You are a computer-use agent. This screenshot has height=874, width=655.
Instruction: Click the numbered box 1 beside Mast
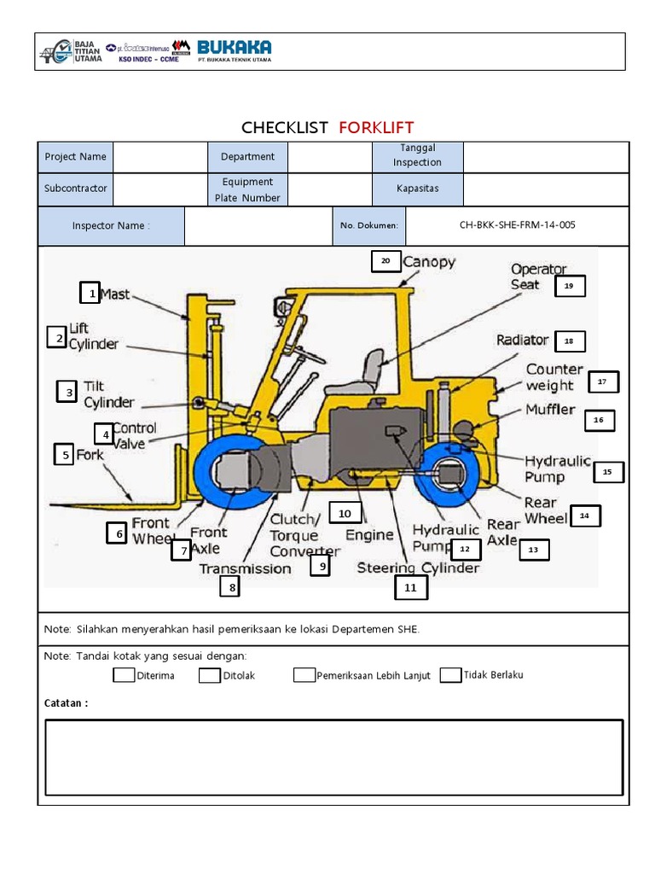point(90,294)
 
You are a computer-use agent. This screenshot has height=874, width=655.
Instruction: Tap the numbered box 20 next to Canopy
point(385,261)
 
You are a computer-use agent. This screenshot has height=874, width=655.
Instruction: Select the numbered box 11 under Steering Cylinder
point(410,587)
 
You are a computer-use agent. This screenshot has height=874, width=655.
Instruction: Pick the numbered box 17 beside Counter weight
point(602,382)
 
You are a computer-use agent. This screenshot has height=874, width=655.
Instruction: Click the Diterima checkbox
point(124,675)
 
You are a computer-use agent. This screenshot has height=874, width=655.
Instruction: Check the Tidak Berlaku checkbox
point(451,675)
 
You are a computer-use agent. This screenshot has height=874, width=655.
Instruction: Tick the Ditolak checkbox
point(210,675)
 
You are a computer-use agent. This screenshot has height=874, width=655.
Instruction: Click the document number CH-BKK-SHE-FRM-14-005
point(517,225)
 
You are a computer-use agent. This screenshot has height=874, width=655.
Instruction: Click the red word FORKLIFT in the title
point(376,128)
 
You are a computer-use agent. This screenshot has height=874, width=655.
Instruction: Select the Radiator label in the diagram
point(523,340)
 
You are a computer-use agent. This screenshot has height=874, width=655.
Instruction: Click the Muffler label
point(550,410)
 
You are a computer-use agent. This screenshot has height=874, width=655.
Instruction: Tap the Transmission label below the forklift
point(245,568)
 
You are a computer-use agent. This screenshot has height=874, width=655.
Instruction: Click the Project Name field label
point(76,157)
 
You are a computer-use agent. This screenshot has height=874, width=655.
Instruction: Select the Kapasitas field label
point(418,189)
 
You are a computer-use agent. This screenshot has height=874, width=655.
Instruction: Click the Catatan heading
point(66,703)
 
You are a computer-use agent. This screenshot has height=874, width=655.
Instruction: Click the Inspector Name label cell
point(111,226)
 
